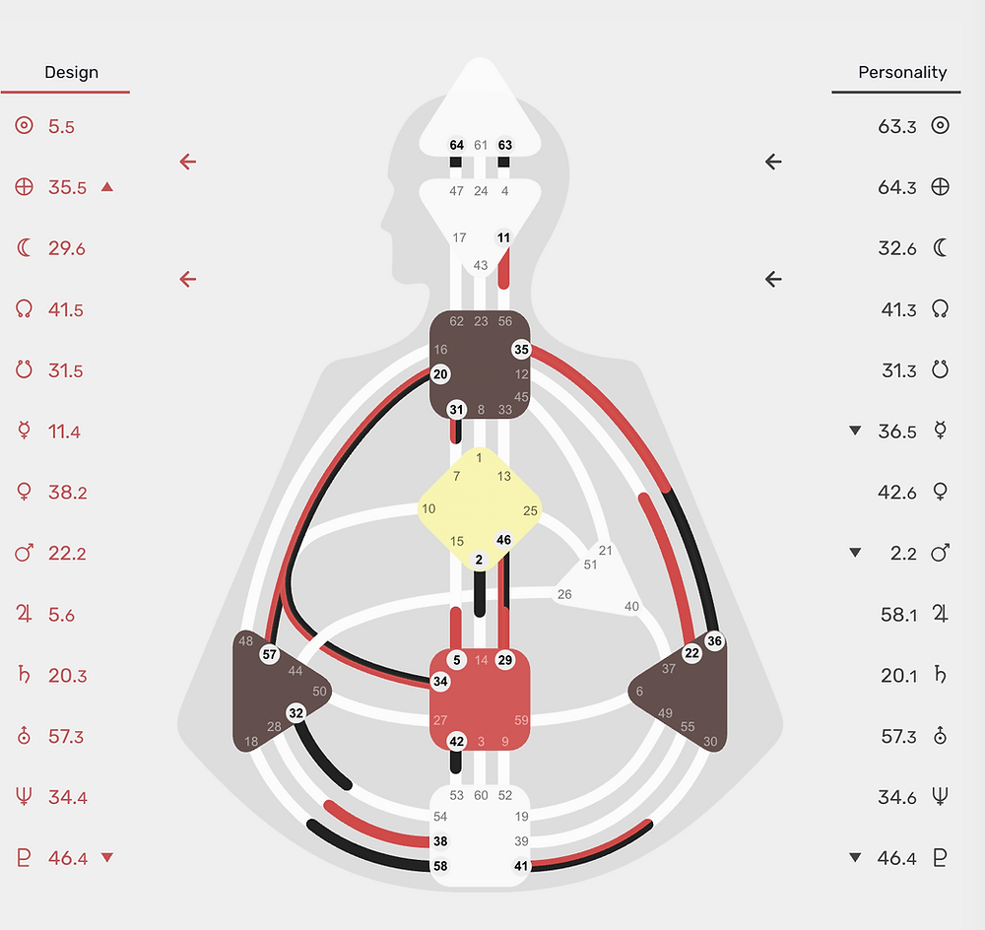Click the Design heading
(71, 72)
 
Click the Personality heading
(902, 72)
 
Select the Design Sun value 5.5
(61, 126)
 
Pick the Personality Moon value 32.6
(897, 248)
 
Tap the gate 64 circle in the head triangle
(457, 145)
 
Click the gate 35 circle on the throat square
(521, 350)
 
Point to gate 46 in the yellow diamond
(503, 540)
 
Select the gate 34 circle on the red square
(440, 681)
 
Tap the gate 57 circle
(270, 654)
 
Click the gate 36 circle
(714, 641)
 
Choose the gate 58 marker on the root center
(440, 866)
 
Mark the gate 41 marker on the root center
(521, 866)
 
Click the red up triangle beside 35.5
(107, 186)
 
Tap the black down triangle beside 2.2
(855, 553)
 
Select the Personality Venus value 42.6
(897, 492)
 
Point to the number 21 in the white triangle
(605, 551)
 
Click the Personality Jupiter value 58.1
(899, 615)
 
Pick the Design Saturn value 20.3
(68, 676)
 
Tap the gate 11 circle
(503, 237)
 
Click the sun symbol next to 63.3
(940, 125)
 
